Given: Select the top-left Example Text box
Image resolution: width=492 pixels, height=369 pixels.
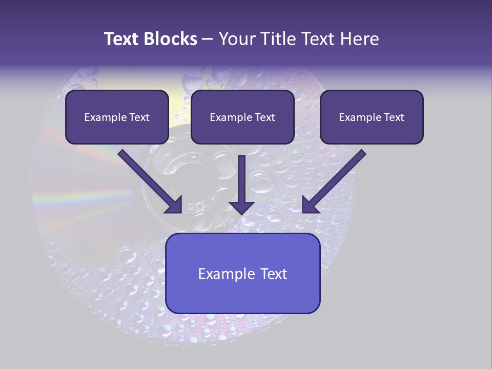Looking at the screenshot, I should pyautogui.click(x=117, y=117).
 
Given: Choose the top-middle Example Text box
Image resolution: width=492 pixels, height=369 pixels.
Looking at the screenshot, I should pyautogui.click(x=242, y=117).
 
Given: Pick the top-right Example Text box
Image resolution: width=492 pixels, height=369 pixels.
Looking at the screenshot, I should pyautogui.click(x=372, y=117).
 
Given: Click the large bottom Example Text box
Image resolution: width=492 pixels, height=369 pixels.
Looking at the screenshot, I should pyautogui.click(x=242, y=273).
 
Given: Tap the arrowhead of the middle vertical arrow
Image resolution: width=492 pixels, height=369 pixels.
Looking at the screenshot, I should pyautogui.click(x=241, y=207).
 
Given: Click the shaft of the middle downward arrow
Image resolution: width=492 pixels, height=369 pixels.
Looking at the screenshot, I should pyautogui.click(x=241, y=177).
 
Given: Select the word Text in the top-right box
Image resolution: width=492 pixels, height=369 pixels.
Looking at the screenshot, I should pyautogui.click(x=394, y=117).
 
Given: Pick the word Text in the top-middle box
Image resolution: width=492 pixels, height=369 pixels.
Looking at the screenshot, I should pyautogui.click(x=264, y=117).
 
